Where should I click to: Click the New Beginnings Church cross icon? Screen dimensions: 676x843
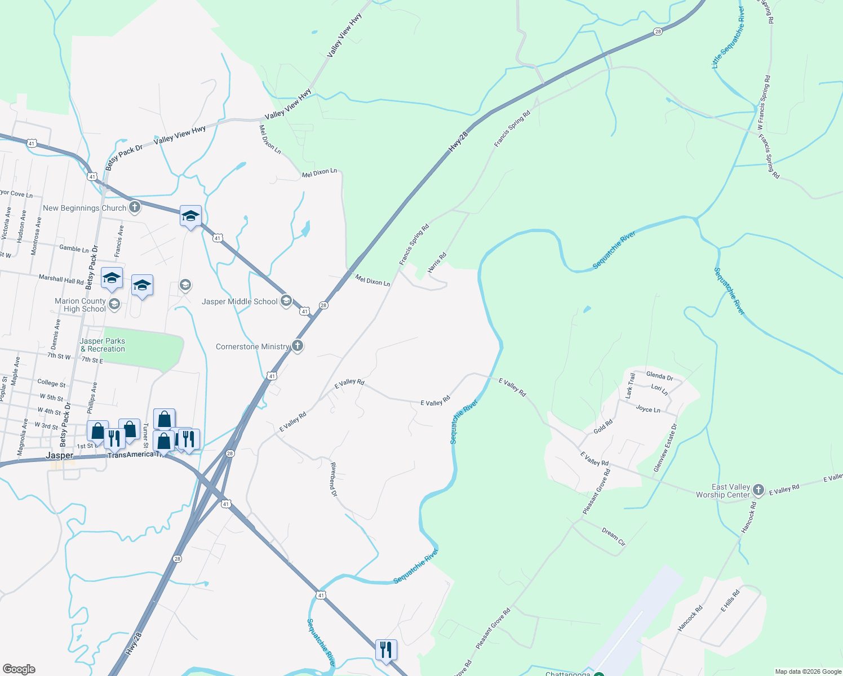(134, 207)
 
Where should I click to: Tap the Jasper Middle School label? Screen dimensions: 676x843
(239, 301)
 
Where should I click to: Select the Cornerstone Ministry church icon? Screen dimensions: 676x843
(298, 346)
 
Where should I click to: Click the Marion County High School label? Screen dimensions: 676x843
(80, 305)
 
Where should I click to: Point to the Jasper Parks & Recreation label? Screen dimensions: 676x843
(103, 345)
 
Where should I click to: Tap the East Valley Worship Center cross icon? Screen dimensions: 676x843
(758, 490)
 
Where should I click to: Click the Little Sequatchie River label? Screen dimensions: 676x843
(728, 38)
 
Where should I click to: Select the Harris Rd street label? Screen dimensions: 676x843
(437, 263)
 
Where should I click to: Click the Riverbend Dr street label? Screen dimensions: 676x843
(334, 479)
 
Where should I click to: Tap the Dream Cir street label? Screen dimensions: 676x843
(614, 537)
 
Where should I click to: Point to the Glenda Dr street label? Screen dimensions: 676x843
(659, 376)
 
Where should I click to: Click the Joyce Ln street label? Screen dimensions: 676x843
(648, 409)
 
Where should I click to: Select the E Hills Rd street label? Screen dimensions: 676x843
(730, 601)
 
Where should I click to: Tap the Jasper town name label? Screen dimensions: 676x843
(59, 455)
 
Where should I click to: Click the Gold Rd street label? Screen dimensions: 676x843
(603, 426)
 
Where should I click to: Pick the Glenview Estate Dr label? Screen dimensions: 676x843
(665, 448)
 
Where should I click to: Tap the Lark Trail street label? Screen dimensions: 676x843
(630, 386)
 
